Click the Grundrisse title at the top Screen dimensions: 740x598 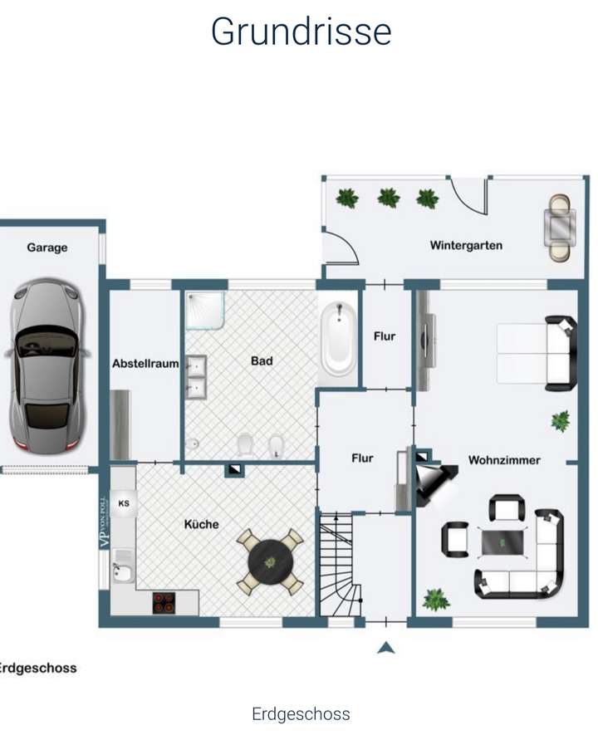pos(301,32)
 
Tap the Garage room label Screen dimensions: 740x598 pos(47,247)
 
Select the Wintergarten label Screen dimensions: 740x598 pos(466,245)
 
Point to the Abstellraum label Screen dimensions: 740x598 pos(145,363)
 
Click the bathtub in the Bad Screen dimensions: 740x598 pos(339,338)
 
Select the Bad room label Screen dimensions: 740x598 pos(262,361)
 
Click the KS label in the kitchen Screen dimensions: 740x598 pos(124,503)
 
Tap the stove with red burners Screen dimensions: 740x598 pos(164,602)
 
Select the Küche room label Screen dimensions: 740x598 pos(202,524)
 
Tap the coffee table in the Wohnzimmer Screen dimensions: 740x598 pos(503,543)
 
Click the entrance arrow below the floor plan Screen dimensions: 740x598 pos(385,647)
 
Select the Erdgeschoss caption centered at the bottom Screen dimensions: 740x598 pos(301,714)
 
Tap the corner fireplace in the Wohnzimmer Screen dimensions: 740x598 pos(434,481)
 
